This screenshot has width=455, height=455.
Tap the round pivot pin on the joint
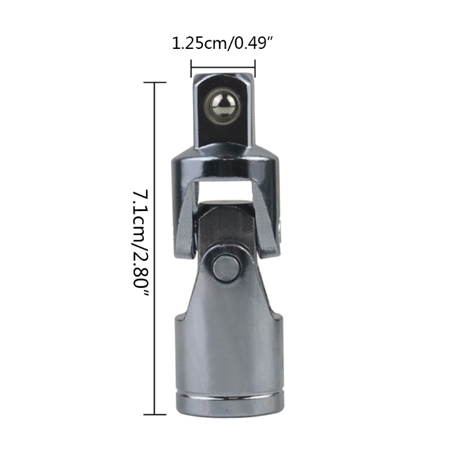pyautogui.click(x=226, y=267)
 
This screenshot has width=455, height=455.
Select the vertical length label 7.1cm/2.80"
pyautogui.click(x=140, y=243)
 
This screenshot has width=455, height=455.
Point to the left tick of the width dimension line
pyautogui.click(x=191, y=68)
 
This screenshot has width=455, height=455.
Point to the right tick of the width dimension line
pyautogui.click(x=255, y=68)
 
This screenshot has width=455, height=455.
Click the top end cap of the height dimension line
pyautogui.click(x=155, y=82)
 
